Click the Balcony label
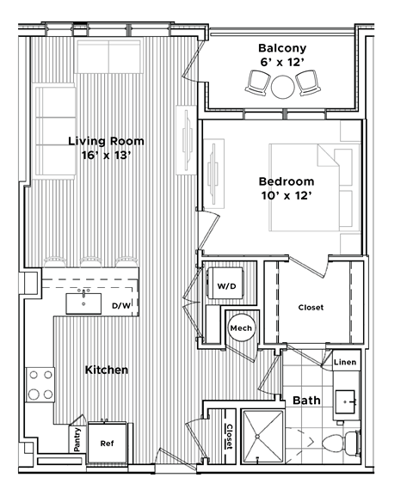[282, 48]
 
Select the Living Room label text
[107, 141]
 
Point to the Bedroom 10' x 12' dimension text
[286, 196]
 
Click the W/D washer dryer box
[226, 285]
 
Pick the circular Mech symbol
[240, 328]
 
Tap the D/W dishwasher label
[121, 305]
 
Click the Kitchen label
[107, 370]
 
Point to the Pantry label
[77, 441]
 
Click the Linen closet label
[345, 364]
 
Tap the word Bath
[306, 401]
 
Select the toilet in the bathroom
[344, 444]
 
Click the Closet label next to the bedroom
[311, 307]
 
